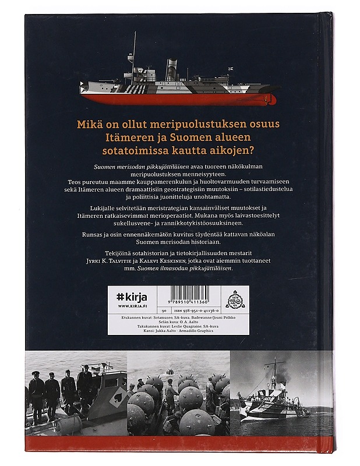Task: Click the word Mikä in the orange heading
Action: click(92, 125)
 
